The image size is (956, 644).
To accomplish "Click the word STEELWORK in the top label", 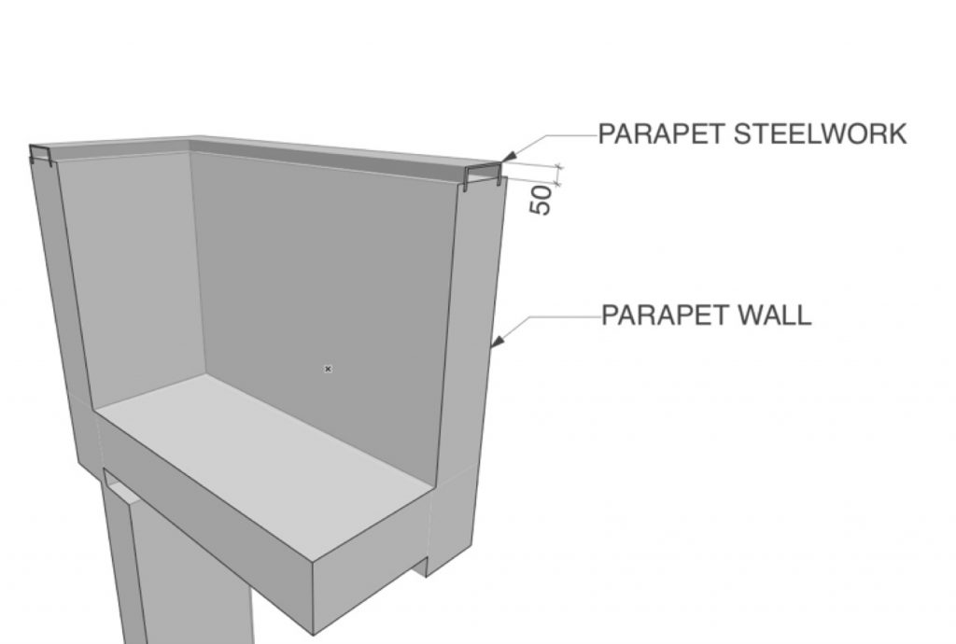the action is point(820,134).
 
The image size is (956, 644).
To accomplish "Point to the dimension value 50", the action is point(541,201).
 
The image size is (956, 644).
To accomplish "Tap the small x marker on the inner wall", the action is point(328,369).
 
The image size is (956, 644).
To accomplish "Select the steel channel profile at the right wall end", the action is point(484,175).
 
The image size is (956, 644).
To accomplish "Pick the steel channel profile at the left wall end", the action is point(40,155).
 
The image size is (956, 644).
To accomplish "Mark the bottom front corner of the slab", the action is point(314,634).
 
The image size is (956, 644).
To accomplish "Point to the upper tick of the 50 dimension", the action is point(560,166).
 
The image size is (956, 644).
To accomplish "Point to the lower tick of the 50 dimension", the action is point(558,183).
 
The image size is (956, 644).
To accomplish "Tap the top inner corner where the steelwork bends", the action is point(190,145).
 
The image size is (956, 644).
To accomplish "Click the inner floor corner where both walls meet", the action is point(204,374).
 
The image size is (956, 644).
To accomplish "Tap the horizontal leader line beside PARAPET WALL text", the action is point(563,316).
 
